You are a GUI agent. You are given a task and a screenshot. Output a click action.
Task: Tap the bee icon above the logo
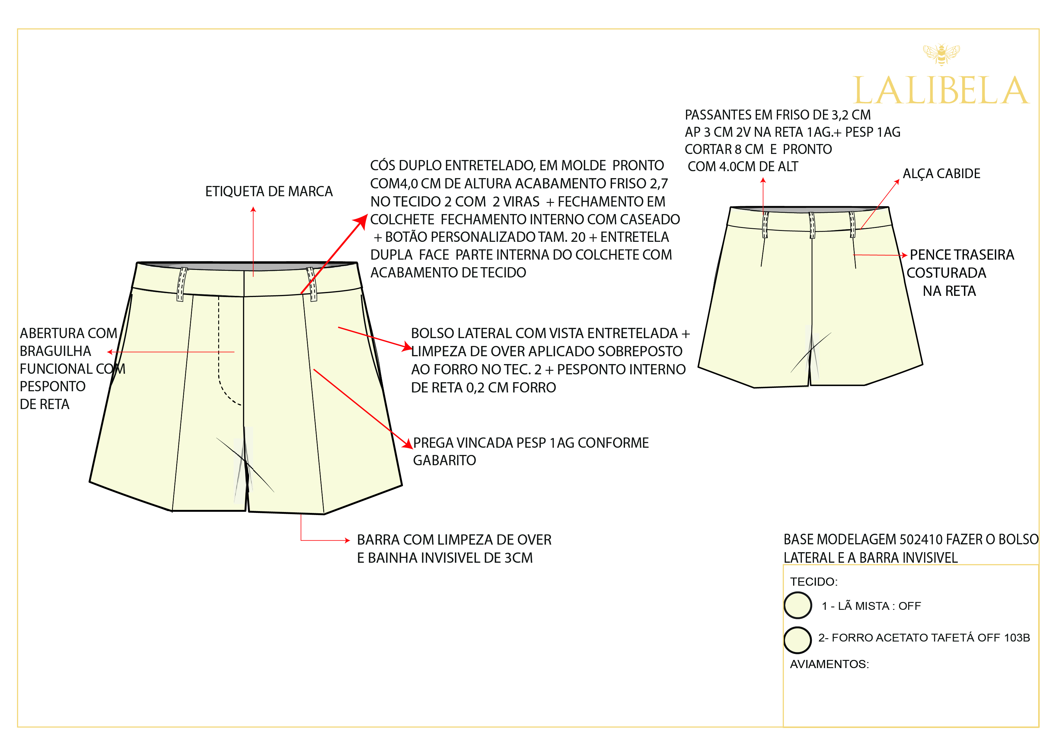click(x=941, y=54)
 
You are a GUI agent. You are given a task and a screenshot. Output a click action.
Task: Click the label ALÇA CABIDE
click(x=941, y=174)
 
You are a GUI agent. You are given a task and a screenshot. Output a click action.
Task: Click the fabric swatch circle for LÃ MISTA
click(x=797, y=605)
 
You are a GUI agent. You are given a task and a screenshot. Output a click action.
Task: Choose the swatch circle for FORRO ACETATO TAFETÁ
click(x=797, y=640)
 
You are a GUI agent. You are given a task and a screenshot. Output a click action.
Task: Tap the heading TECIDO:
click(x=814, y=581)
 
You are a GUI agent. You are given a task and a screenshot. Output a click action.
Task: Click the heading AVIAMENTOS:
click(x=829, y=664)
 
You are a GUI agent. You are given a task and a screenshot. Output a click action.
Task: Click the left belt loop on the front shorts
click(x=181, y=284)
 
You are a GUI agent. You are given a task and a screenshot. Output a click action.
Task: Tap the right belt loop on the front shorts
click(x=312, y=284)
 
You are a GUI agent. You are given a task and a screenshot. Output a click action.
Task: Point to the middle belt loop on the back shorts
click(x=812, y=225)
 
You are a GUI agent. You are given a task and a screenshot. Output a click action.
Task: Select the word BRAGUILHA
click(x=55, y=351)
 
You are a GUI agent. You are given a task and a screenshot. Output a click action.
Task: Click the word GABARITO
click(x=444, y=461)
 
